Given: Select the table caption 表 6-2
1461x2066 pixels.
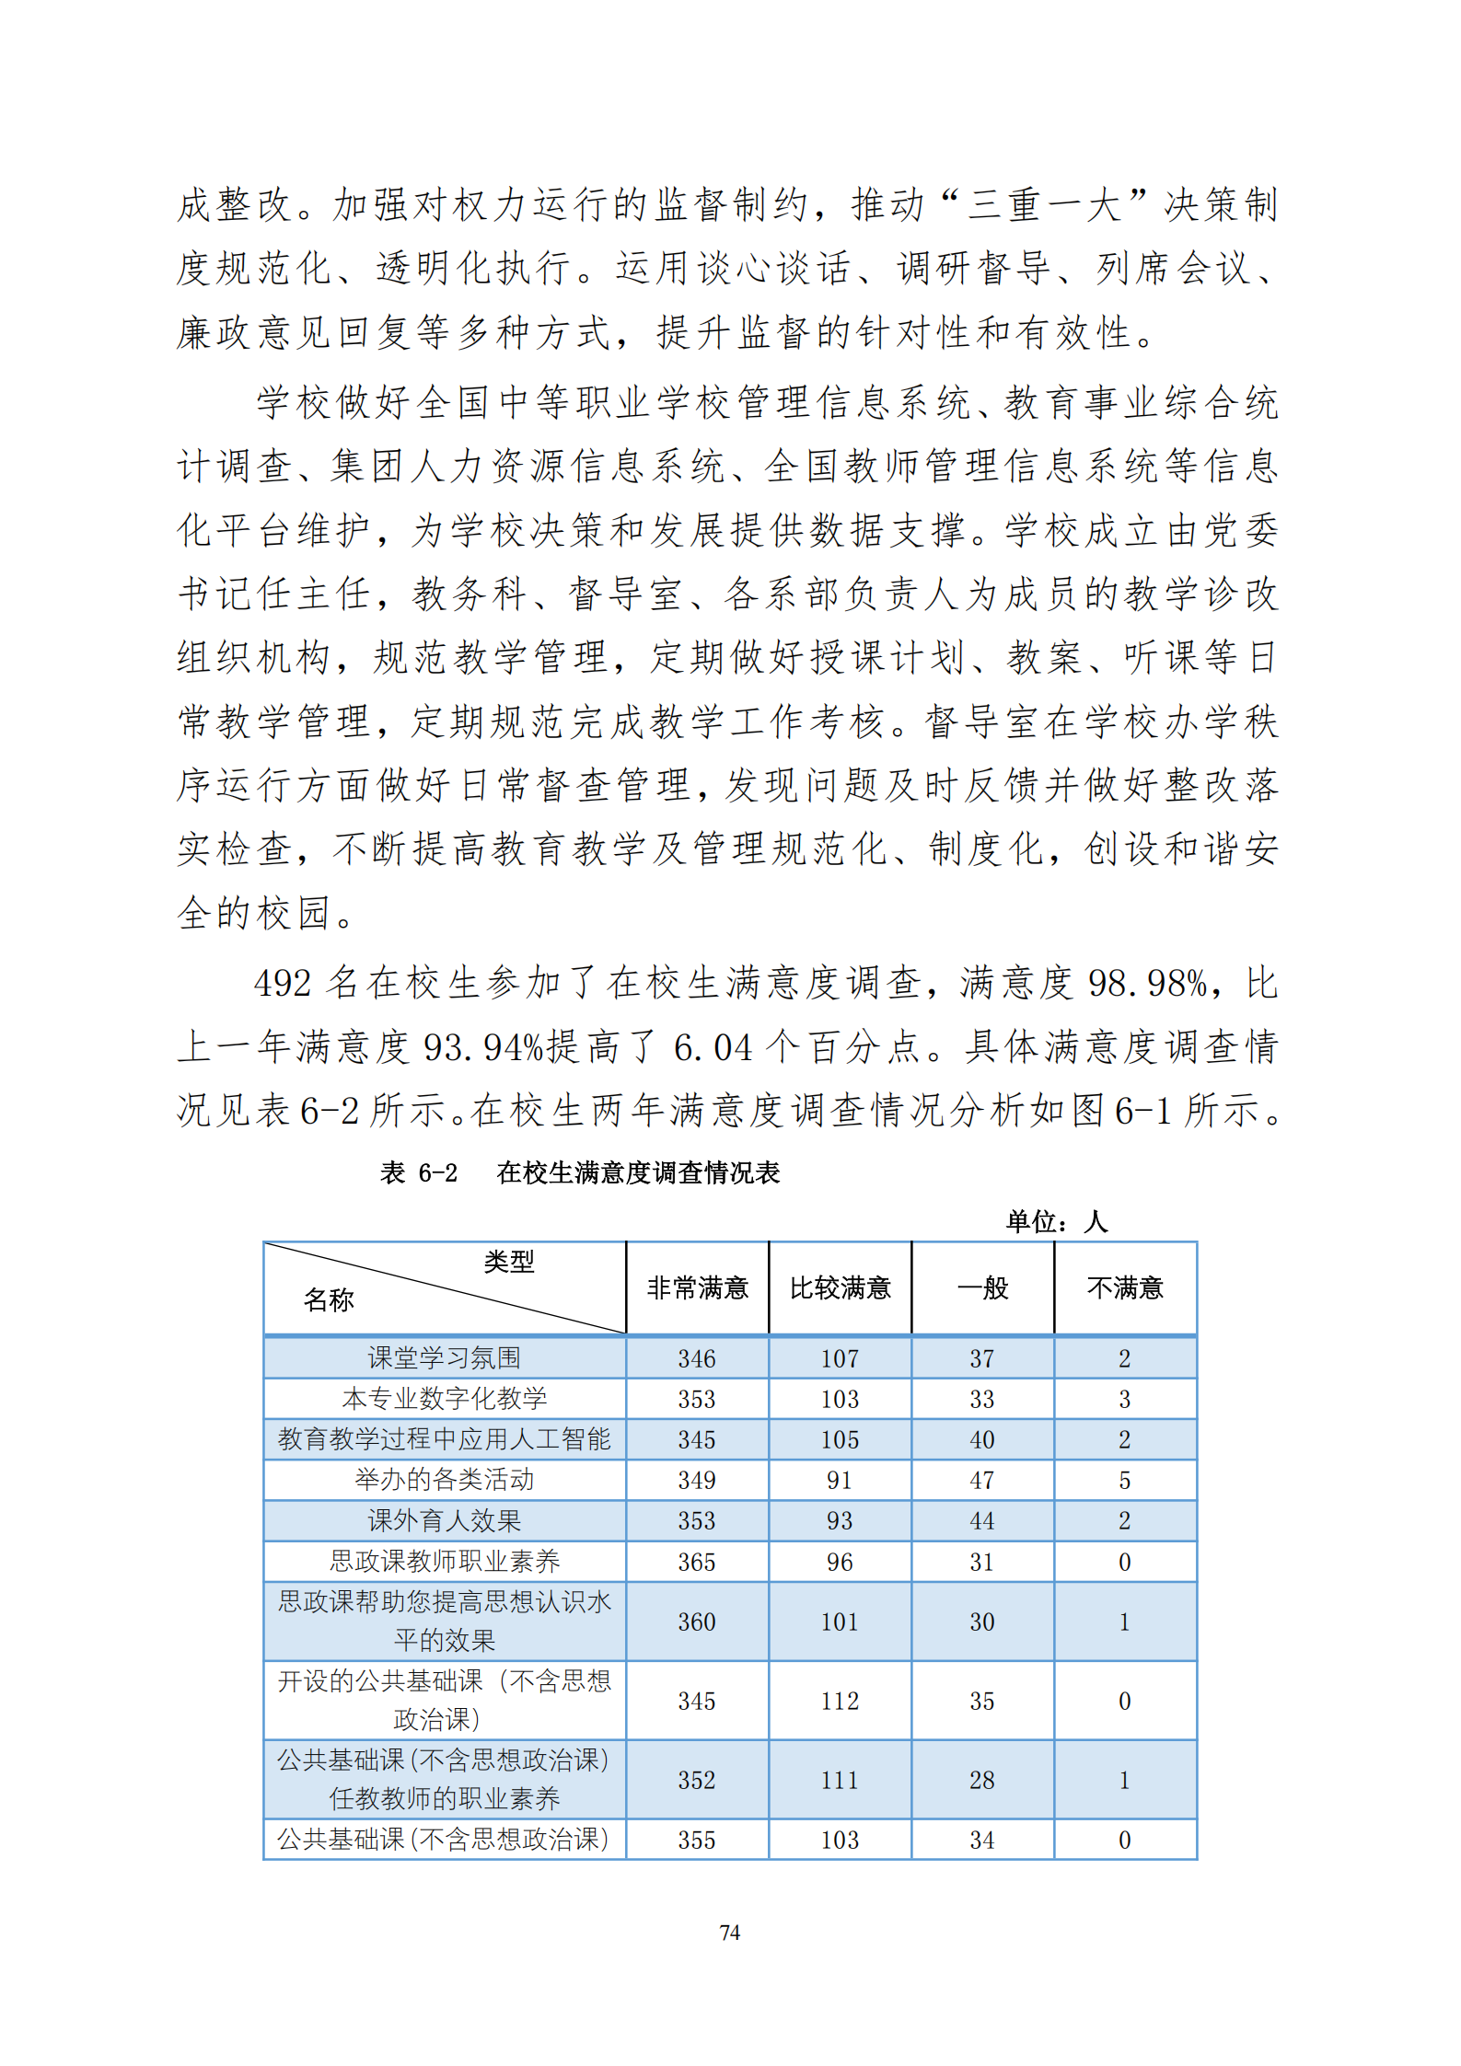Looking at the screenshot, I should point(419,1172).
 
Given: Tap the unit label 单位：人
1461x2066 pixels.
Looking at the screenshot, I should point(1057,1221).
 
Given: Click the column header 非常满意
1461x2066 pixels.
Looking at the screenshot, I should point(697,1287).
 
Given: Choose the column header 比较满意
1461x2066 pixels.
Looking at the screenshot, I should point(840,1287).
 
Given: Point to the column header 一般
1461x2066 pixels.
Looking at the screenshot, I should point(982,1287).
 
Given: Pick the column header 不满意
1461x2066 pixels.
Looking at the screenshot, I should point(1125,1287).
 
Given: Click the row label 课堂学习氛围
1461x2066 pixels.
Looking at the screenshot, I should point(445,1358).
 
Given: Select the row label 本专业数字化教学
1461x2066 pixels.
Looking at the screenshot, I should point(445,1399).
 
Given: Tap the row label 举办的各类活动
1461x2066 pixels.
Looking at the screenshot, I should point(445,1480).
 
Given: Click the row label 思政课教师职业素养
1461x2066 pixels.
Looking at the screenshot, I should point(445,1561).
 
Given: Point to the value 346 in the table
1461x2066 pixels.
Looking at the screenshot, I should point(697,1359).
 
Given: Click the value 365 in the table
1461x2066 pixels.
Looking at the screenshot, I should point(697,1562).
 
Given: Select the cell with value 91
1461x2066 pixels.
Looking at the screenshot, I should point(840,1481).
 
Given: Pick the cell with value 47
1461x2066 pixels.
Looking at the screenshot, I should point(982,1481).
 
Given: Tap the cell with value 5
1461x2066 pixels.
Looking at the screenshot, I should point(1125,1481).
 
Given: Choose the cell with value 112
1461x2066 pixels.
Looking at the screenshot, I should point(840,1701).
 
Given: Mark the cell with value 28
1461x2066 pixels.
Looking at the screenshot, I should point(982,1780).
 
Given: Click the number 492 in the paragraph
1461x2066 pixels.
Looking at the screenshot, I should point(284,984).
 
